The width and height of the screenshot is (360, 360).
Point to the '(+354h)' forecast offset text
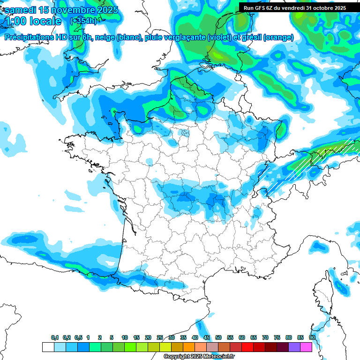pyautogui.click(x=83, y=21)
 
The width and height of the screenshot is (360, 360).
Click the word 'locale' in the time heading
pyautogui.click(x=45, y=21)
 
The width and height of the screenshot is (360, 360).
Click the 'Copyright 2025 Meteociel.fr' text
pyautogui.click(x=199, y=356)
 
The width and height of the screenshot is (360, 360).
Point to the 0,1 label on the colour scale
pyautogui.click(x=55, y=337)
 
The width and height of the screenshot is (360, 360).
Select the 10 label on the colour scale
pyautogui.click(x=125, y=337)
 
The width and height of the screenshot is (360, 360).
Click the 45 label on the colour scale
pyautogui.click(x=207, y=337)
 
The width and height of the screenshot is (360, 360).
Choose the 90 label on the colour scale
pyautogui.click(x=312, y=337)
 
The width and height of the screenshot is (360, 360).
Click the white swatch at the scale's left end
pyautogui.click(x=48, y=347)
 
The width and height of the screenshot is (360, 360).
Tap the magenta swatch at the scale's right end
pyautogui.click(x=306, y=347)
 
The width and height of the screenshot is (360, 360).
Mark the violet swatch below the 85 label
pyautogui.click(x=294, y=347)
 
